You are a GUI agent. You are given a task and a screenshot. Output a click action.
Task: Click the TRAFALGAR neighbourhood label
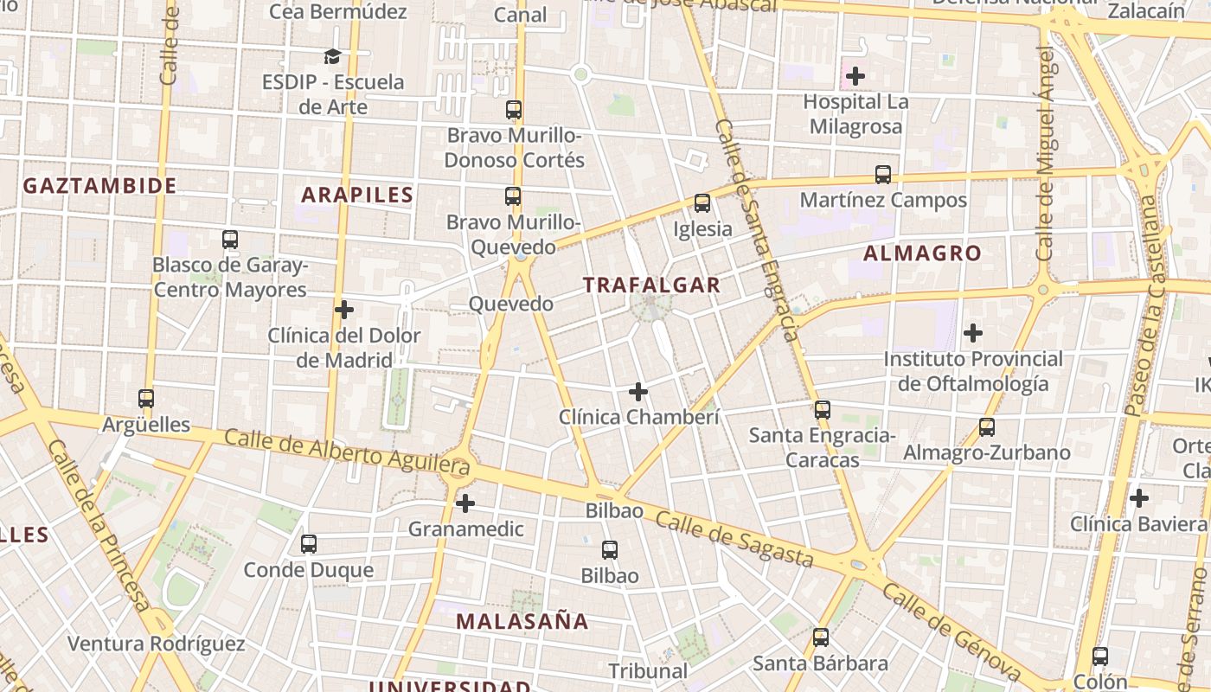pyautogui.click(x=651, y=285)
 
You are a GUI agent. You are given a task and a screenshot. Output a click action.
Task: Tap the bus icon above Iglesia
pyautogui.click(x=702, y=203)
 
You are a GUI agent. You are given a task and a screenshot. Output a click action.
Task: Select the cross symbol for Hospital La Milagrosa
pyautogui.click(x=855, y=76)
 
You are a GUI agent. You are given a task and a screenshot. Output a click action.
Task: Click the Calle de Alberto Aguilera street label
pyautogui.click(x=346, y=452)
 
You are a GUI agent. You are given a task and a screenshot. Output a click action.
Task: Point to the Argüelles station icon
pyautogui.click(x=146, y=399)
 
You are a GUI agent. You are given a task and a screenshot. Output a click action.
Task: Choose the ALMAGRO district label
pyautogui.click(x=922, y=253)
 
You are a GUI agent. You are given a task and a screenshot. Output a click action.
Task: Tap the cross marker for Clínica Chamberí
pyautogui.click(x=638, y=392)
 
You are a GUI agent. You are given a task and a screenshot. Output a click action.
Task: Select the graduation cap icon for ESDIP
pyautogui.click(x=333, y=57)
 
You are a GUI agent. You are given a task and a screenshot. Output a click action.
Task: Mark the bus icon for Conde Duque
pyautogui.click(x=309, y=544)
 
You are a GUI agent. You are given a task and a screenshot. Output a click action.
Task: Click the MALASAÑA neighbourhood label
pyautogui.click(x=522, y=621)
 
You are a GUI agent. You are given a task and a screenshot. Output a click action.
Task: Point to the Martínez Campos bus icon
pyautogui.click(x=883, y=175)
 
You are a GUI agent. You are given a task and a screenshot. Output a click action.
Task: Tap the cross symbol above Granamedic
pyautogui.click(x=465, y=503)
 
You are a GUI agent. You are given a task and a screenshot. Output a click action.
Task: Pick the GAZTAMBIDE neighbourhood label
pyautogui.click(x=99, y=185)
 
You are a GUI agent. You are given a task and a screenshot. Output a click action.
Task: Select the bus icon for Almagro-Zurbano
pyautogui.click(x=987, y=426)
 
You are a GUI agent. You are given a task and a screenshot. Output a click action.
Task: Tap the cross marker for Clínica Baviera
pyautogui.click(x=1139, y=498)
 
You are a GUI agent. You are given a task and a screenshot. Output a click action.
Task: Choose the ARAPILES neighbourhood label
pyautogui.click(x=357, y=195)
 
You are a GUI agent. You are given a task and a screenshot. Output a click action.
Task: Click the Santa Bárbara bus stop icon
pyautogui.click(x=821, y=638)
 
